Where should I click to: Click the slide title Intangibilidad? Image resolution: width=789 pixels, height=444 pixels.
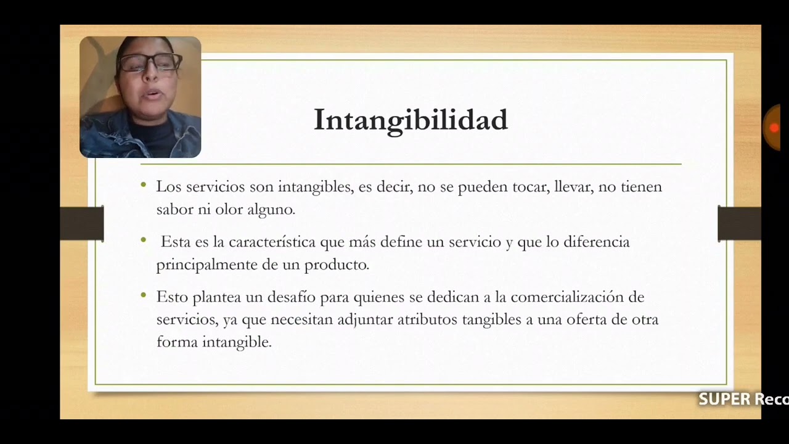[411, 120]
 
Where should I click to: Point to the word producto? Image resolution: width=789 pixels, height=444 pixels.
[337, 265]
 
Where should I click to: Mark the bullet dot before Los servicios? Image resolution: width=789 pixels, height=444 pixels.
[144, 184]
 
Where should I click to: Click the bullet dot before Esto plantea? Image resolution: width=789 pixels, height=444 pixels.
[144, 295]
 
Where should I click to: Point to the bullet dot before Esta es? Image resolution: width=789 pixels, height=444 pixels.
[144, 240]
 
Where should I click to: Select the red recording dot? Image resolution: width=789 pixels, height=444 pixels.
[774, 128]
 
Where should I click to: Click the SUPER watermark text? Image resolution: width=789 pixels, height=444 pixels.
[724, 400]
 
